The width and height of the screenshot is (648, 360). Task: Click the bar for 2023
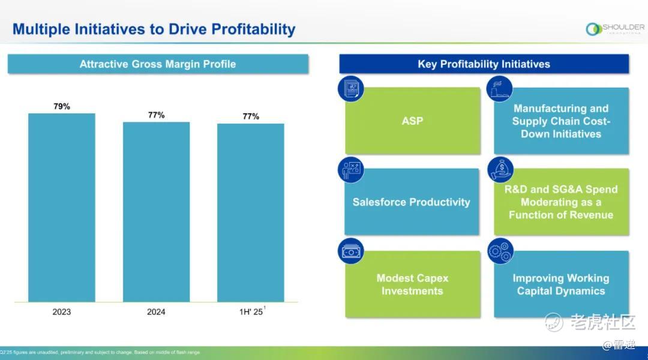pyautogui.click(x=61, y=207)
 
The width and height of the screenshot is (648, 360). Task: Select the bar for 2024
pyautogui.click(x=156, y=211)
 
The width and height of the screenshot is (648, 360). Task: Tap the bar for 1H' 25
pyautogui.click(x=250, y=212)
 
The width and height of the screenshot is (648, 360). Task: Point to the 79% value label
pyautogui.click(x=62, y=106)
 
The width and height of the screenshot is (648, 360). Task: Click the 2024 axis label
pyautogui.click(x=156, y=312)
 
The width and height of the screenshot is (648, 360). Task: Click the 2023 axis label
pyautogui.click(x=62, y=312)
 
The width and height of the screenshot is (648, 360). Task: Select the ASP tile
pyautogui.click(x=413, y=121)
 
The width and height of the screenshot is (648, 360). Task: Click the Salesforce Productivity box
pyautogui.click(x=412, y=202)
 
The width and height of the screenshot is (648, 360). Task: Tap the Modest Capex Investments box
pyautogui.click(x=413, y=284)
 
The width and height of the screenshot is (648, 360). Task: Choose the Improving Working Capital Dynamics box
pyautogui.click(x=561, y=284)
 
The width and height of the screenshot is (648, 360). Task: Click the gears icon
pyautogui.click(x=500, y=251)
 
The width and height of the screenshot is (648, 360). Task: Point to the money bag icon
pyautogui.click(x=500, y=170)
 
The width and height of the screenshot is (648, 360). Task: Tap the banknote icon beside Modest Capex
pyautogui.click(x=351, y=251)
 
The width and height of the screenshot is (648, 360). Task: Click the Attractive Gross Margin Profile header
pyautogui.click(x=158, y=64)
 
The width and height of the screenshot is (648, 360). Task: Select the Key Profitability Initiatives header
pyautogui.click(x=484, y=64)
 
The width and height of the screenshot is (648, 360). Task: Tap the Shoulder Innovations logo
pyautogui.click(x=615, y=29)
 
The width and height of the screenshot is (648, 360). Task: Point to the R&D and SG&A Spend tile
pyautogui.click(x=561, y=202)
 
